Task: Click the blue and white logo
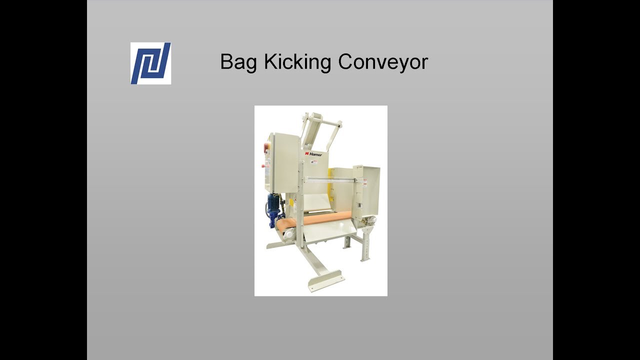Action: [x=150, y=63]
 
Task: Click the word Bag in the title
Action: [x=239, y=62]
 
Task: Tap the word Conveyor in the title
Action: [x=383, y=62]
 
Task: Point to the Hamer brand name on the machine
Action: [x=315, y=154]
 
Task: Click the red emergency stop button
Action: [x=265, y=147]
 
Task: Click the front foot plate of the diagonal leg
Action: [x=325, y=280]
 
